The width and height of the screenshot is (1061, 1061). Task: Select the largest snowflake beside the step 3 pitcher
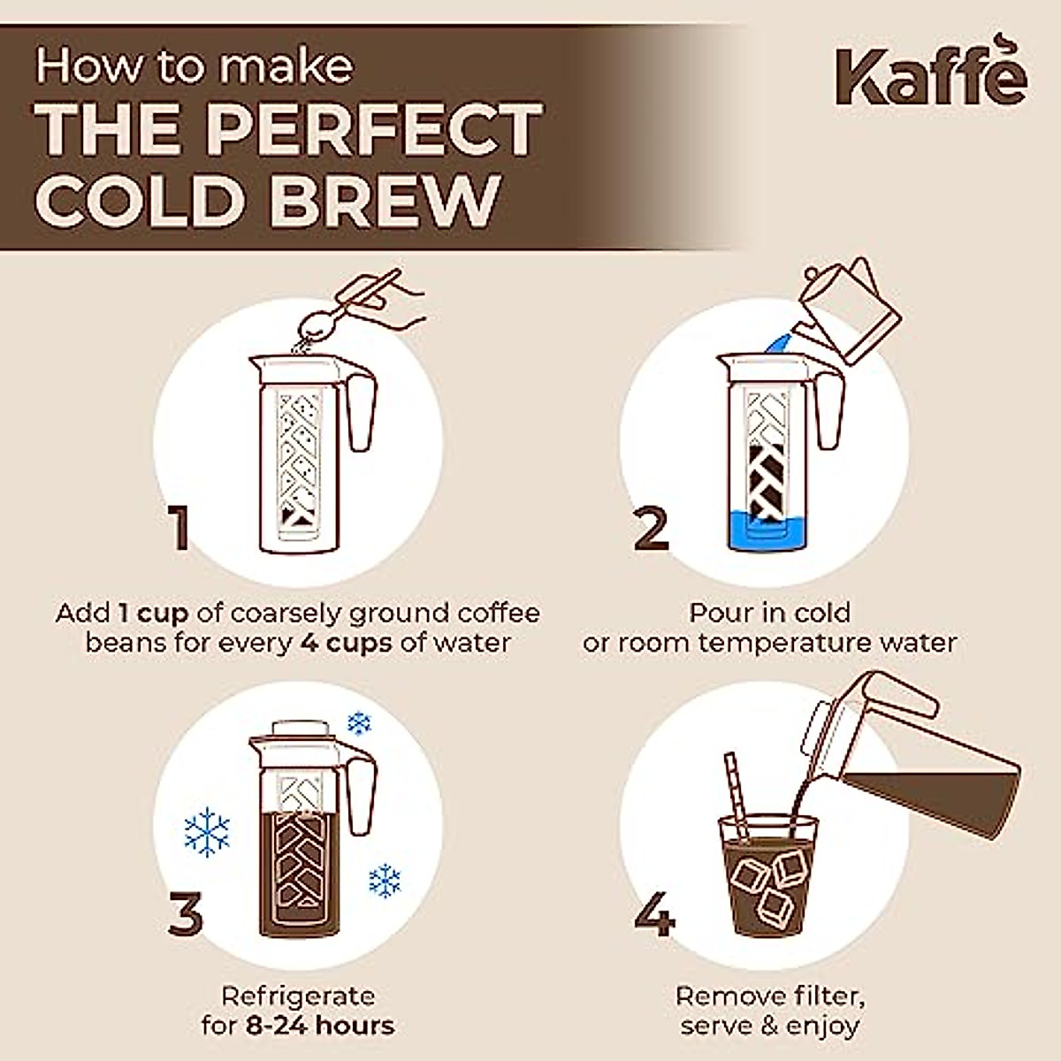coord(206,832)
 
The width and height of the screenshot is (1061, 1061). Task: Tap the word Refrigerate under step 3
coord(297,997)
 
